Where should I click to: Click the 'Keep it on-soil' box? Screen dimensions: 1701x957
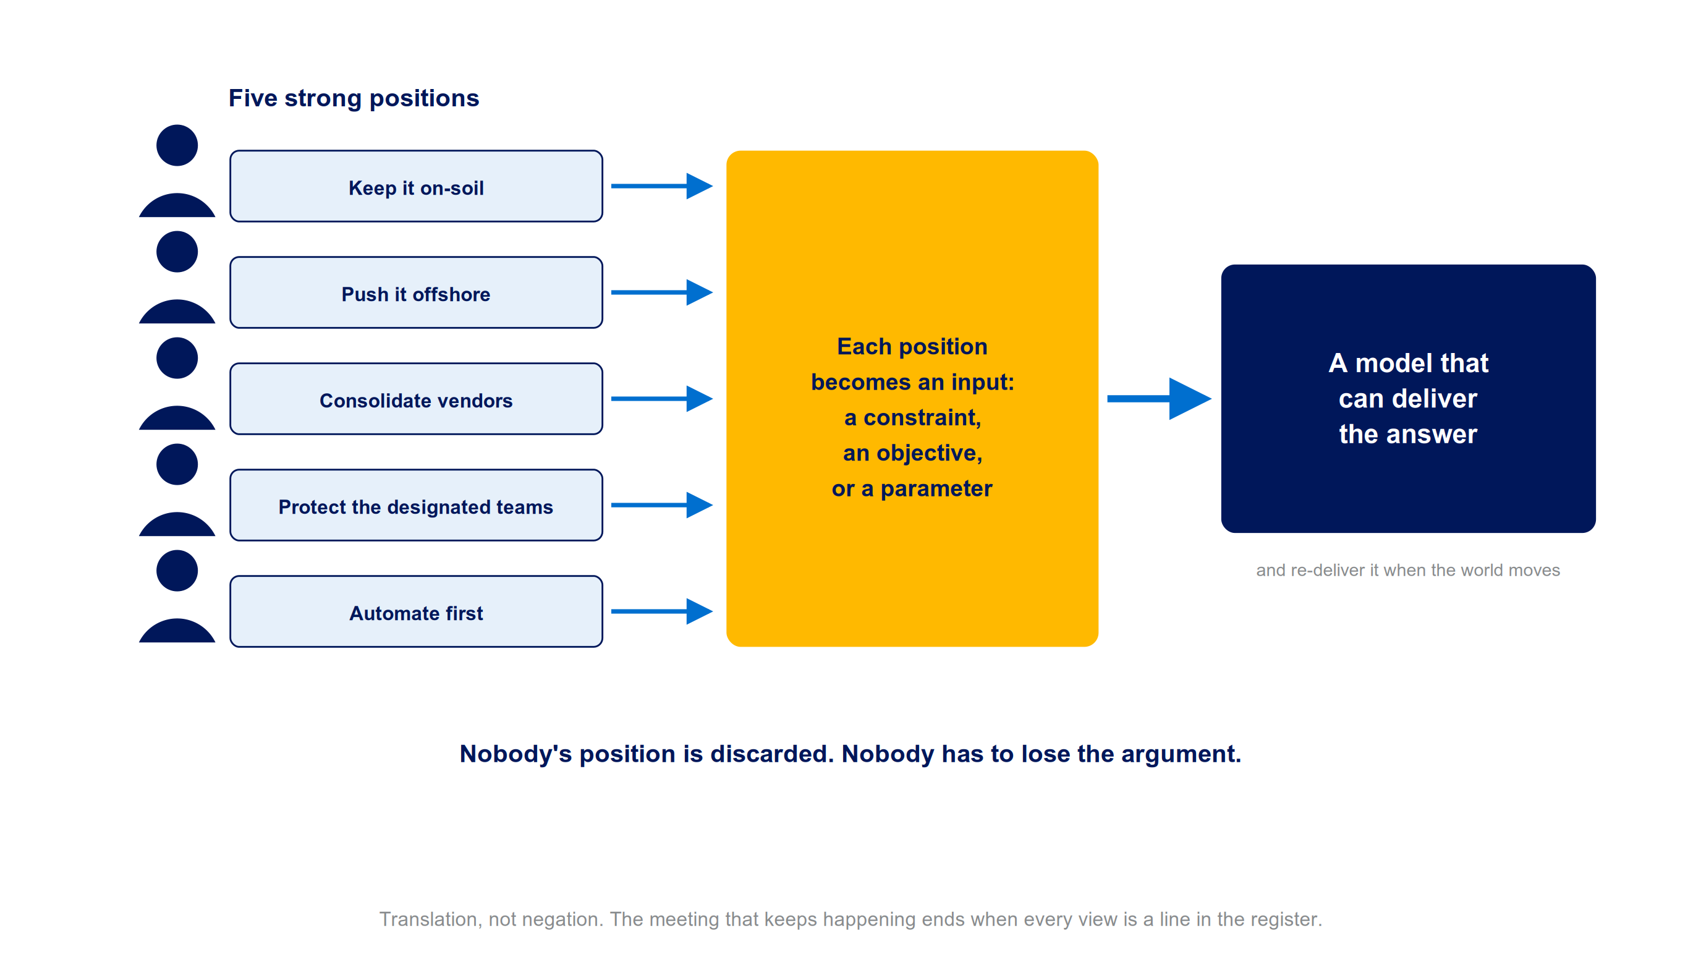point(416,186)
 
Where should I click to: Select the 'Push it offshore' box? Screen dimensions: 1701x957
point(416,292)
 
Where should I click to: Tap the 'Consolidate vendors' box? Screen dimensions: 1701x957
point(416,399)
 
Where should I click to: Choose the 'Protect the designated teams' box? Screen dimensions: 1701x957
point(416,505)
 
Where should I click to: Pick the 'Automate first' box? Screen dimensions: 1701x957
point(416,611)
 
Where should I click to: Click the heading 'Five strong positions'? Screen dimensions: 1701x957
point(354,98)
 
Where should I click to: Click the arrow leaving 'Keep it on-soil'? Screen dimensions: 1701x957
point(661,186)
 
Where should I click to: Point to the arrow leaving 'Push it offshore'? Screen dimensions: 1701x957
point(661,292)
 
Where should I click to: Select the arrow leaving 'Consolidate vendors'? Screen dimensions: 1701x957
point(661,399)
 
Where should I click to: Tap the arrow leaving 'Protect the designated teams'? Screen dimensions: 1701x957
point(661,505)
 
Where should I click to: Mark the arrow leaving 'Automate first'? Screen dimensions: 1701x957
point(661,611)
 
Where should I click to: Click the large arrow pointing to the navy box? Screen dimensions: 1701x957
point(1159,399)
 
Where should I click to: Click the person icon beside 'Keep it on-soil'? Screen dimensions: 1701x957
point(177,171)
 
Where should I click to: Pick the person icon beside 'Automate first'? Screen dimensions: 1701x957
point(177,597)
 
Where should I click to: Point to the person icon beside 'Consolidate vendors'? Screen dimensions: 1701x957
point(177,384)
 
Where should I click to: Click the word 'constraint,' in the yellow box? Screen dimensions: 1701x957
point(922,418)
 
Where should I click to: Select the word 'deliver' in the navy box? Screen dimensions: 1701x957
point(1434,399)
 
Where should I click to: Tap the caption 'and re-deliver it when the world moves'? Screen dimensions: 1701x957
point(1408,570)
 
